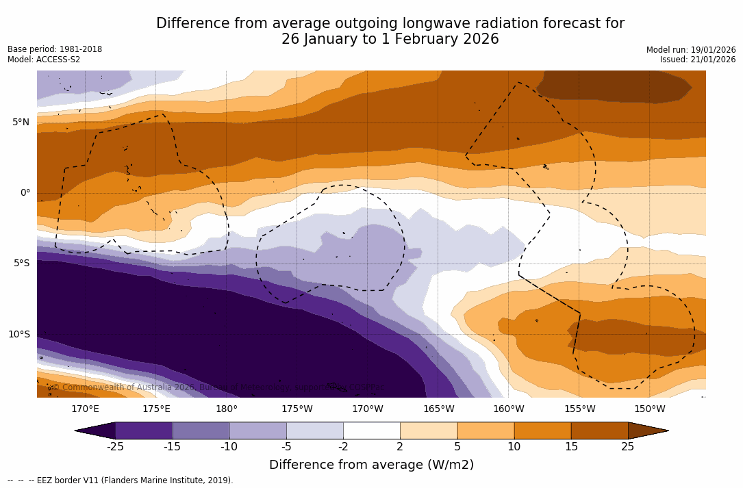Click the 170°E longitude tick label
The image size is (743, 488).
85,409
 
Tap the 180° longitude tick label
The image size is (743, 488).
227,409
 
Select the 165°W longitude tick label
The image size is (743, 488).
438,409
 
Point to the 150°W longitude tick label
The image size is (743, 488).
650,409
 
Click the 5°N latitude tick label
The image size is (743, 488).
21,123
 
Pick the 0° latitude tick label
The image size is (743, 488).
25,193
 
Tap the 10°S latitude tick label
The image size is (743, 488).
18,335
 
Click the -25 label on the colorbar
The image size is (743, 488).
115,447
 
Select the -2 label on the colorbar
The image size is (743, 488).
343,447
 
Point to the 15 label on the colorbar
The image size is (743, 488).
571,447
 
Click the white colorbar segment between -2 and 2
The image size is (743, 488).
371,431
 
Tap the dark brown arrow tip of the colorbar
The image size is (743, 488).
647,431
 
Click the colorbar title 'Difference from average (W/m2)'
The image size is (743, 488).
371,465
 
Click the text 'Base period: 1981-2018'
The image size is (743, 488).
55,50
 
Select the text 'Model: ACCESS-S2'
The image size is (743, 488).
44,60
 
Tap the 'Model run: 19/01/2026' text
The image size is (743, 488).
691,50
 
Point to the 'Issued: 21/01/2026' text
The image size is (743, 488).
698,60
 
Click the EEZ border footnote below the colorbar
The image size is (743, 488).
121,480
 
